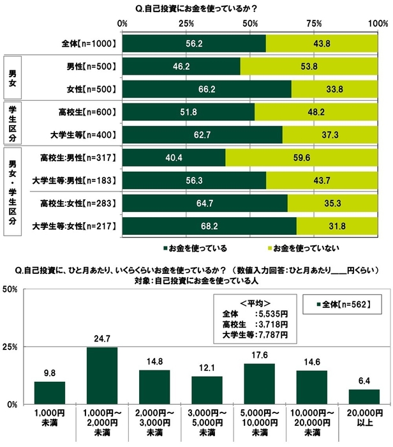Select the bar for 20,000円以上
tap(364, 397)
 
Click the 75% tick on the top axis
tap(315, 23)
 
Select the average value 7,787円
tap(272, 334)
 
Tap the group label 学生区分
tap(12, 123)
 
